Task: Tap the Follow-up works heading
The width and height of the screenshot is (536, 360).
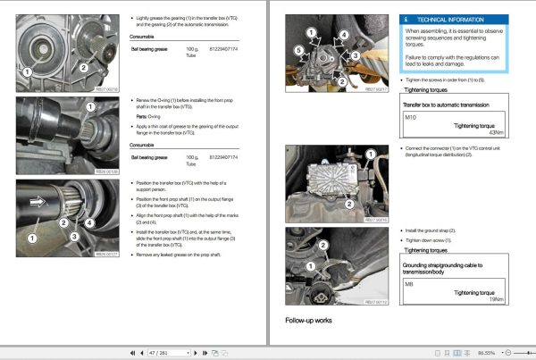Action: coord(309,320)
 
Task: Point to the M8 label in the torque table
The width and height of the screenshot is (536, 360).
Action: coord(410,284)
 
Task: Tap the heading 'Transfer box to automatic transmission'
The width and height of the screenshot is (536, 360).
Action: coord(430,105)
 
